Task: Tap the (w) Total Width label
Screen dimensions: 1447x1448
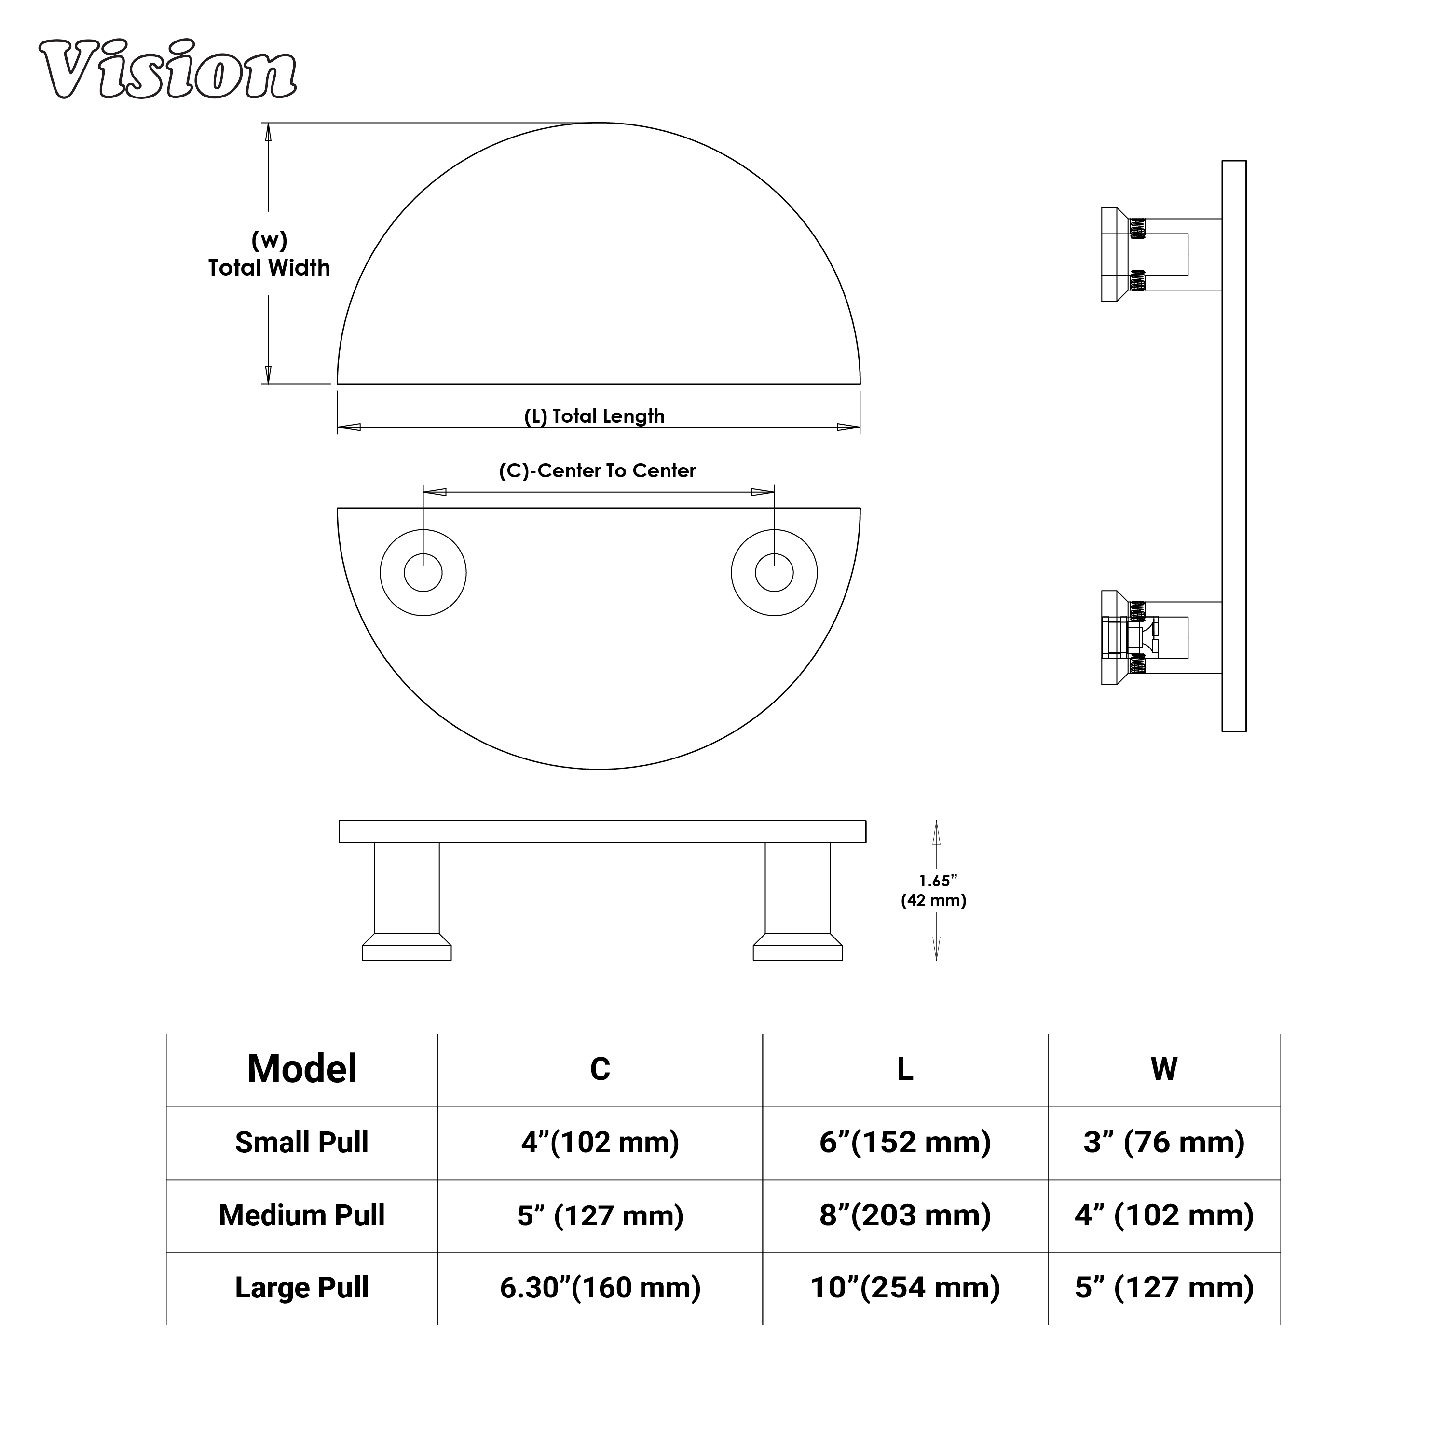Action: tap(269, 254)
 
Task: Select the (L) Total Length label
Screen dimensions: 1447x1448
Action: tap(594, 416)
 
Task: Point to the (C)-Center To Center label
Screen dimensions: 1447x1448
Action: tap(597, 470)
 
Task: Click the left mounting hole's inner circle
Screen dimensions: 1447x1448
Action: tap(423, 573)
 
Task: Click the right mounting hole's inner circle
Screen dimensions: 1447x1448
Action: tap(774, 573)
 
